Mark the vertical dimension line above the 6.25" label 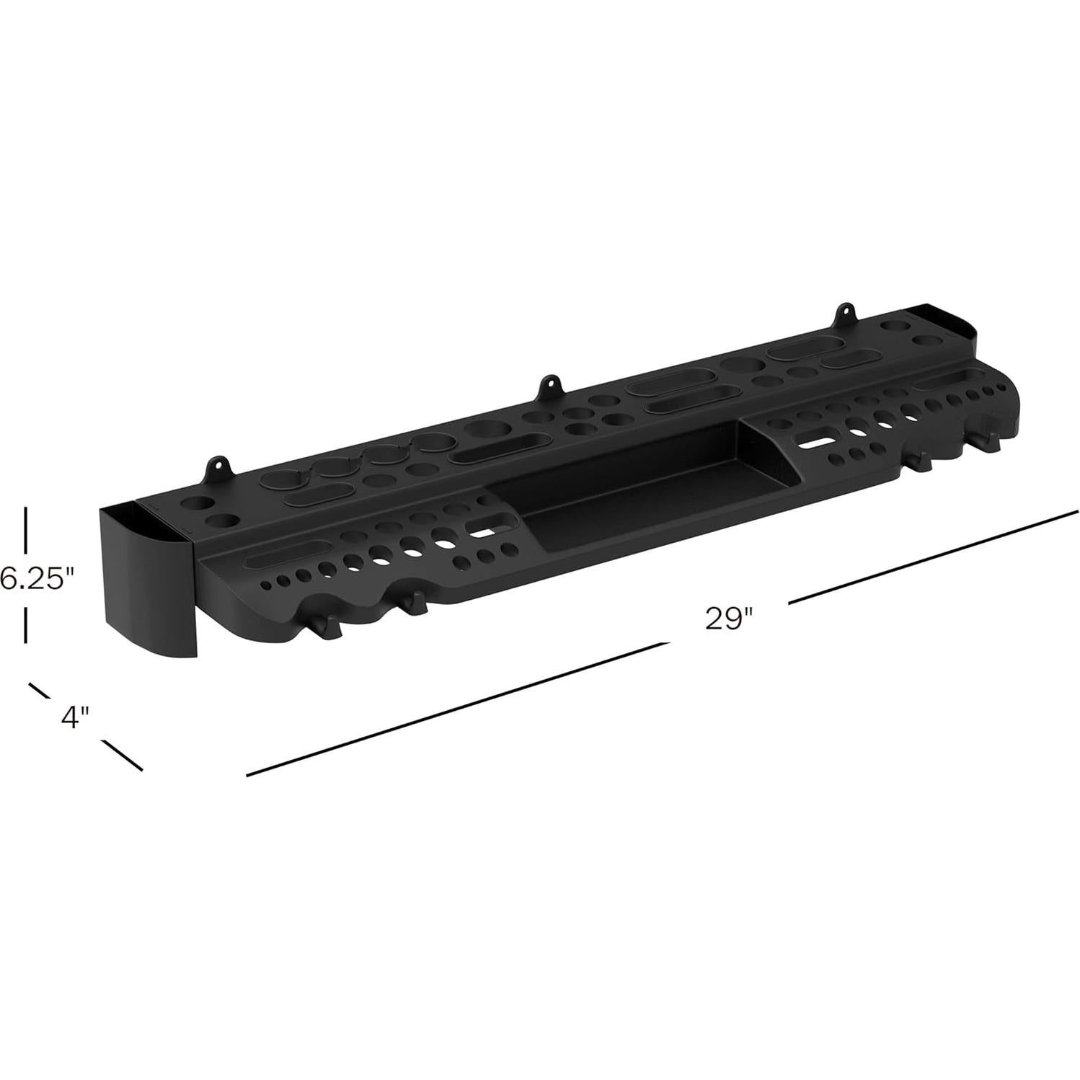tap(27, 530)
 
